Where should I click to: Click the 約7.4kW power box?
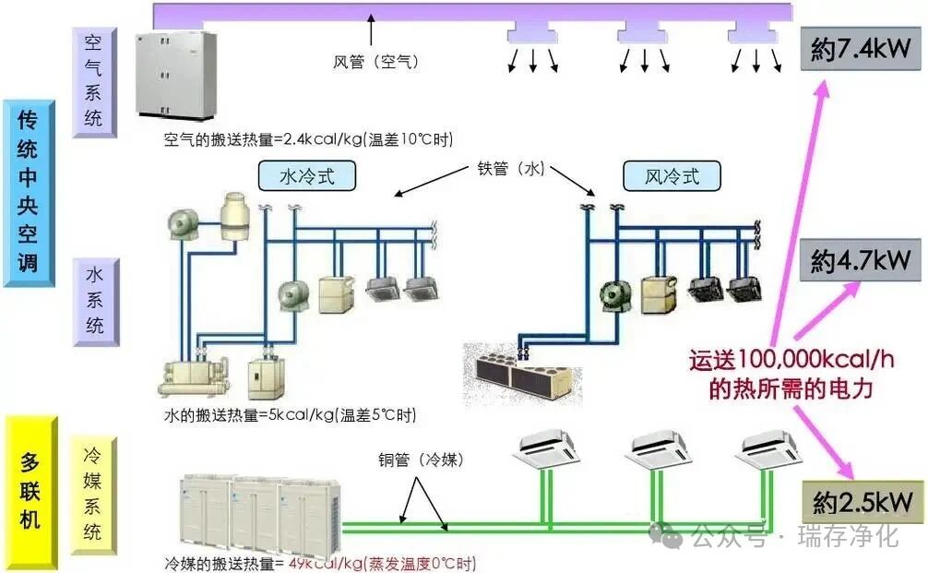pyautogui.click(x=861, y=50)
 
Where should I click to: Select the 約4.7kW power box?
pyautogui.click(x=861, y=261)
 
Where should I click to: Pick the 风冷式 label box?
pyautogui.click(x=671, y=175)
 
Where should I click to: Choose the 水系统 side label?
pyautogui.click(x=95, y=301)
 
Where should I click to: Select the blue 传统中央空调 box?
pyautogui.click(x=28, y=191)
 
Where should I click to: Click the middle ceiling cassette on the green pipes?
pyautogui.click(x=657, y=449)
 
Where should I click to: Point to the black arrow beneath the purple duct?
pyautogui.click(x=372, y=29)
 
